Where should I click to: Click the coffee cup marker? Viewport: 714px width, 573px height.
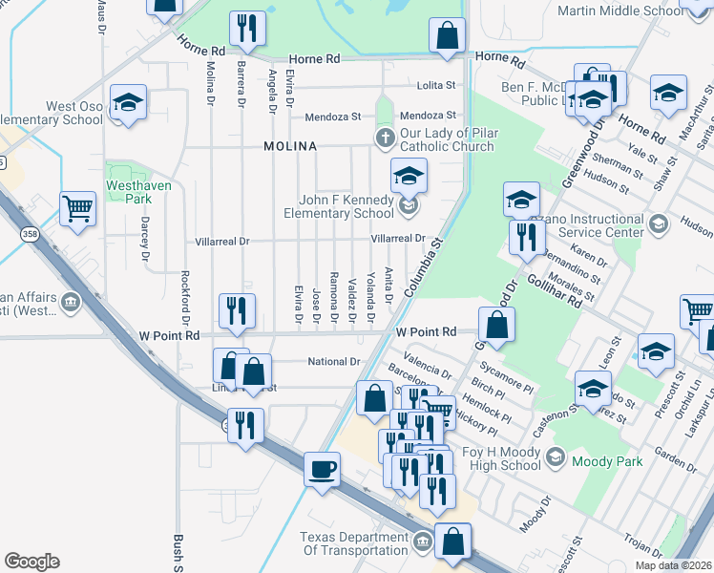click(322, 469)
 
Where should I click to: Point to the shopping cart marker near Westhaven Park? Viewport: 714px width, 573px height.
click(77, 207)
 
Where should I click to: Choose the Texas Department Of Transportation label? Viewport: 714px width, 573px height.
click(354, 544)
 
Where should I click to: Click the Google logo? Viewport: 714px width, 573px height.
click(31, 562)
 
